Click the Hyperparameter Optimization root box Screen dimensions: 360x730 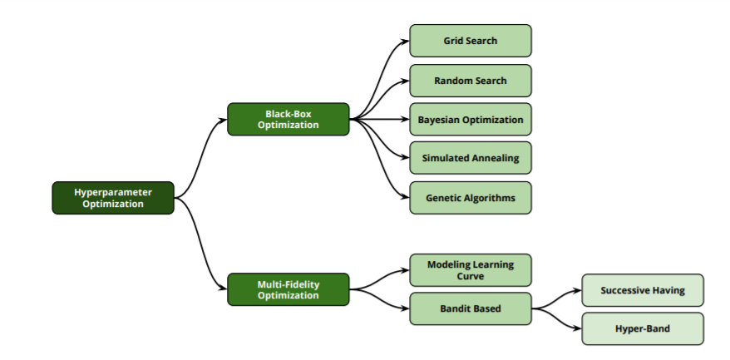click(x=113, y=198)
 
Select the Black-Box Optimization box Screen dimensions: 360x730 click(x=288, y=119)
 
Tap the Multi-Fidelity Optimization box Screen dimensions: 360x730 click(x=288, y=289)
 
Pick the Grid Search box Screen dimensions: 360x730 click(x=471, y=41)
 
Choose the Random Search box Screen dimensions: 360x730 click(x=471, y=81)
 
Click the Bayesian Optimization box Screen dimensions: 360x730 click(x=471, y=120)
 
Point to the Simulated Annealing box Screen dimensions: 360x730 click(x=471, y=159)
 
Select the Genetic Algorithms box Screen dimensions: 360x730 click(x=471, y=198)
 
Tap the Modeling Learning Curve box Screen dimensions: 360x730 click(x=471, y=270)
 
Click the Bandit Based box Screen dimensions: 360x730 click(x=471, y=309)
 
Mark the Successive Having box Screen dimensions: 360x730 click(x=643, y=290)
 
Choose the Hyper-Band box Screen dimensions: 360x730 click(x=643, y=329)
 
